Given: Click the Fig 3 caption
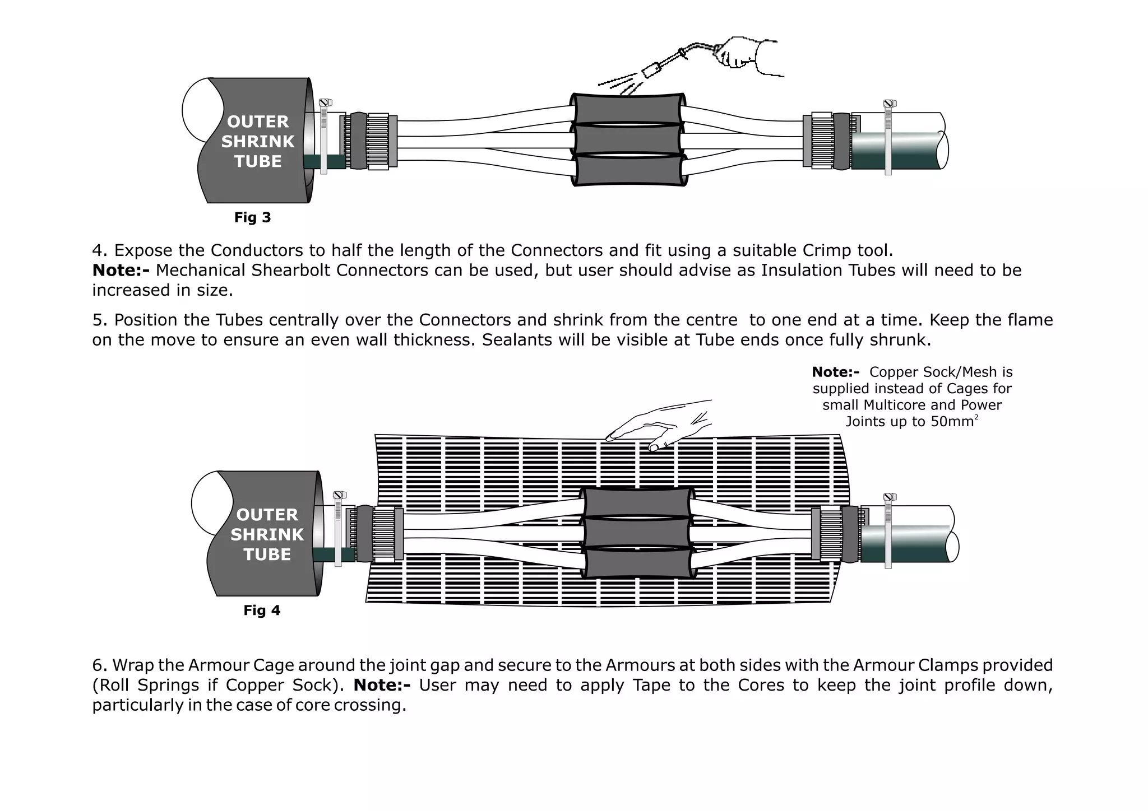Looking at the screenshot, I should pos(252,217).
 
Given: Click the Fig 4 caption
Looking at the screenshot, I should pos(262,610).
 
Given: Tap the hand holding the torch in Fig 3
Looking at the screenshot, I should pos(740,53).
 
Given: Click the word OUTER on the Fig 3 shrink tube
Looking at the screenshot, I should pos(258,122).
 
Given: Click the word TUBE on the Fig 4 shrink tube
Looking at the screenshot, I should pos(267,554).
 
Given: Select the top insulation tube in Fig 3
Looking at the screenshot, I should pos(628,108).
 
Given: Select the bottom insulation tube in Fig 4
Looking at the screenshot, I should pos(637,563).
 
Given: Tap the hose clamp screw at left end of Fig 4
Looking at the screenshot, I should pos(338,495).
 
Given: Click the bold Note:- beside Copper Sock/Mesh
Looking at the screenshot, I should pos(835,372).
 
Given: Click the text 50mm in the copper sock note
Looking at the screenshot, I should pos(952,422).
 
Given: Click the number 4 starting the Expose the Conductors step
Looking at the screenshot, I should pos(97,250).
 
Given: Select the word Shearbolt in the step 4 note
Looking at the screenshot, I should pos(291,271).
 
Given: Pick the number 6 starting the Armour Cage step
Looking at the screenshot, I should pos(98,665).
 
